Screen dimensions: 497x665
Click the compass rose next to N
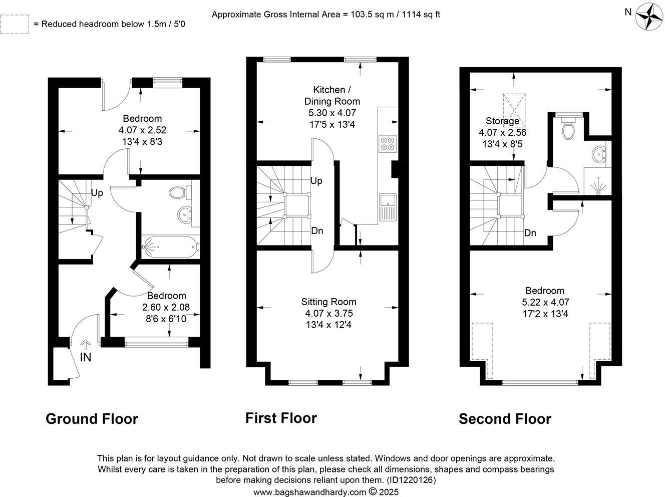click(x=648, y=16)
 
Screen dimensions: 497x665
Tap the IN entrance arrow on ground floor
click(x=85, y=345)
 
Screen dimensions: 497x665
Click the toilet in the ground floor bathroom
click(x=178, y=192)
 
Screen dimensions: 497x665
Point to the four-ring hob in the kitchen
click(x=388, y=143)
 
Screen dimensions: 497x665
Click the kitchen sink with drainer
click(x=388, y=206)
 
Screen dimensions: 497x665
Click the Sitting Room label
click(x=328, y=302)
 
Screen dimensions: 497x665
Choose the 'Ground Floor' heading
click(x=92, y=419)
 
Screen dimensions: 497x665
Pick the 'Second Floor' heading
click(x=505, y=419)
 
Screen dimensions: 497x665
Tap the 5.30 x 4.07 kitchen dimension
click(x=329, y=113)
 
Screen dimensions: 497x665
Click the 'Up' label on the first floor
click(x=316, y=181)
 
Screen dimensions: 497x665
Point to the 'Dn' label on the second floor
click(x=530, y=233)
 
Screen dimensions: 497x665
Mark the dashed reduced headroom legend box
click(x=15, y=24)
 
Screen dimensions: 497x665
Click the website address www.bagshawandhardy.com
click(x=309, y=492)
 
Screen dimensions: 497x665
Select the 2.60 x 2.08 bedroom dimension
click(x=166, y=307)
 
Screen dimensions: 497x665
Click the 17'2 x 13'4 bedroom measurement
click(x=544, y=314)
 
